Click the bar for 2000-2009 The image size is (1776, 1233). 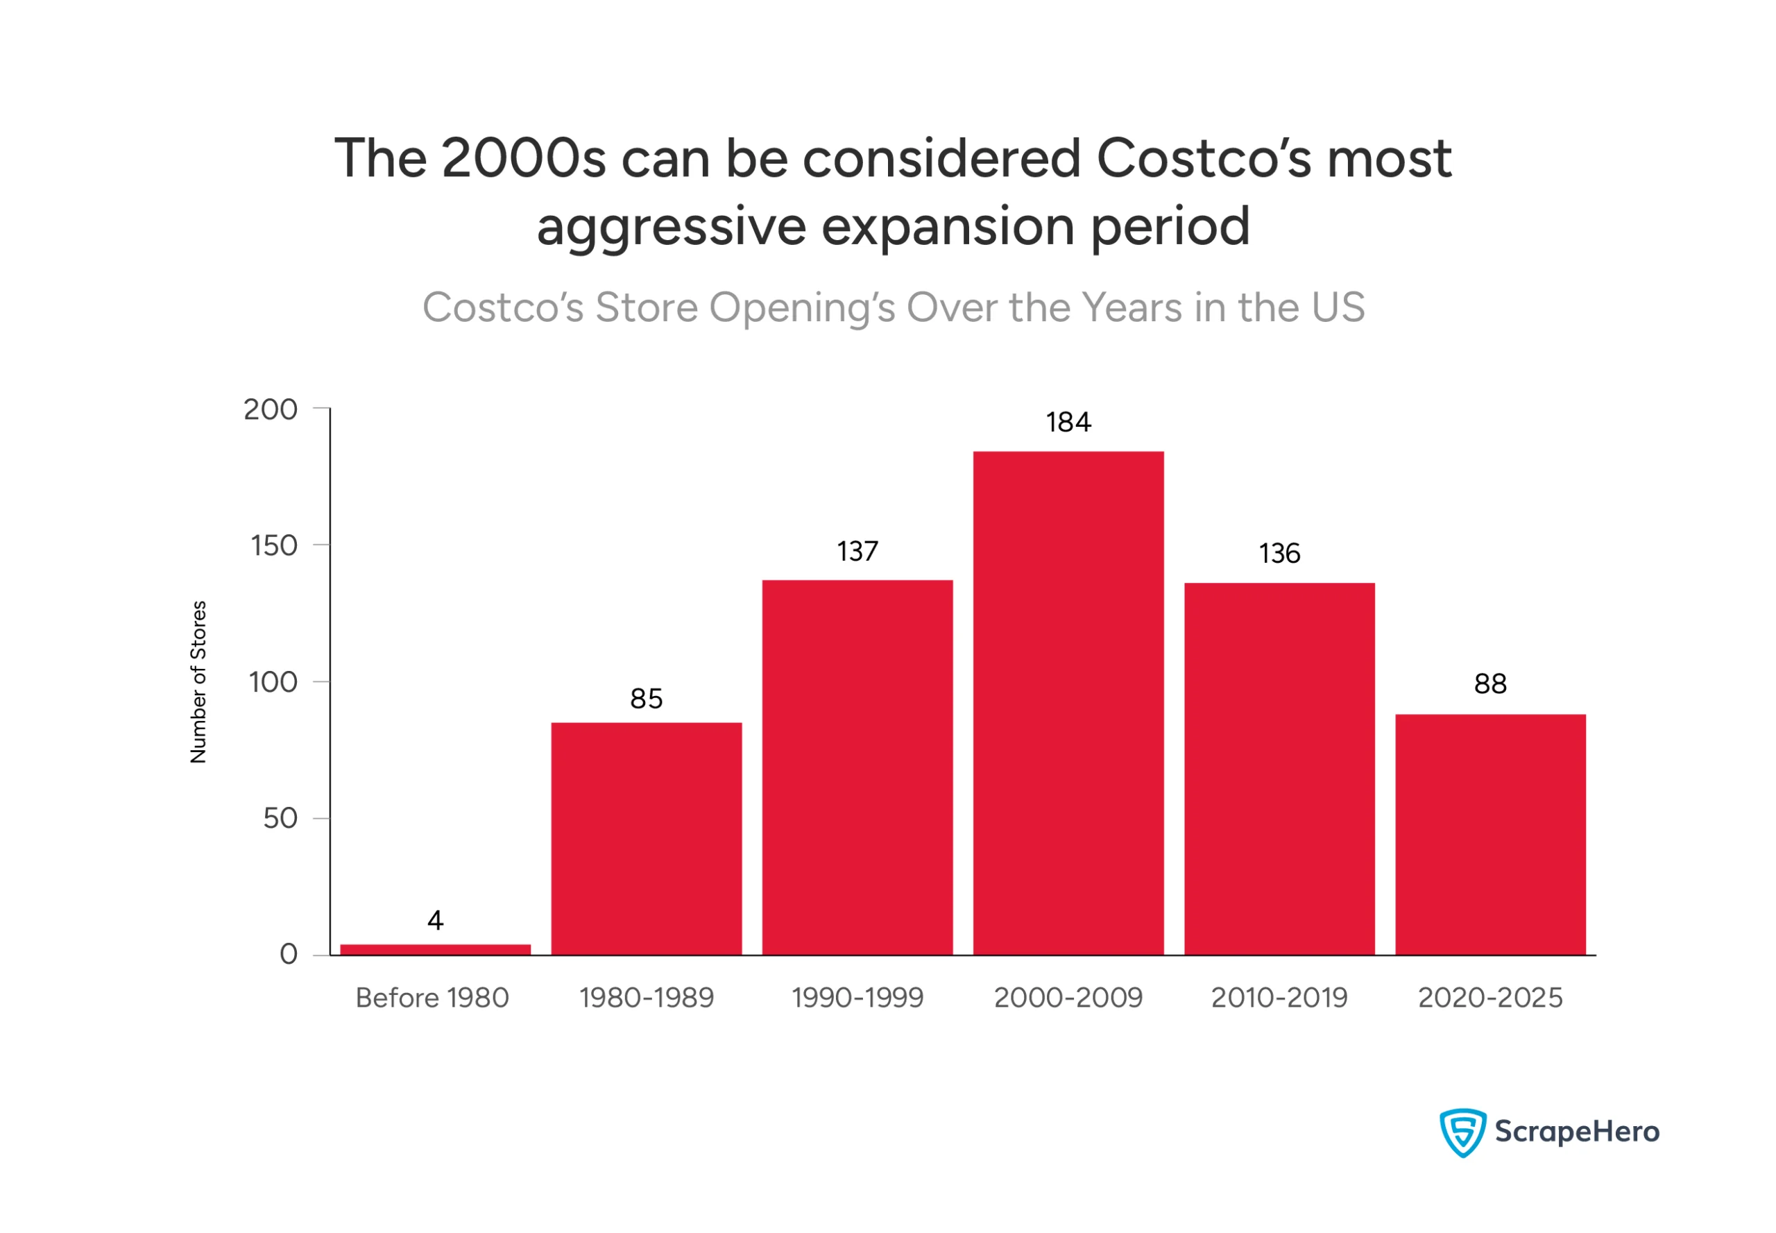[x=1068, y=703]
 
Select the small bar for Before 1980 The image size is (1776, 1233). [x=435, y=949]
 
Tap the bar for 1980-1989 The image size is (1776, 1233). [x=646, y=838]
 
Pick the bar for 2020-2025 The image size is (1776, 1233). [x=1489, y=834]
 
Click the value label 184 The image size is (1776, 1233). [x=1068, y=422]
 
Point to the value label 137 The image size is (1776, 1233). [x=857, y=551]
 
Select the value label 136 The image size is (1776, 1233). [x=1279, y=553]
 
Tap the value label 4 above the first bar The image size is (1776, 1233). [x=435, y=920]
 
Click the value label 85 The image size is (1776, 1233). [x=646, y=699]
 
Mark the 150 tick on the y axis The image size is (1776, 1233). [x=273, y=545]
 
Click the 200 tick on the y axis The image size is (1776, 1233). [x=271, y=409]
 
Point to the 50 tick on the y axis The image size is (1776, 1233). [x=280, y=818]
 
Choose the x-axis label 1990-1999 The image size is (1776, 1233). [x=857, y=997]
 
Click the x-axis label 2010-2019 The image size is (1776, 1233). [x=1279, y=997]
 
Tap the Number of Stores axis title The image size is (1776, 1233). [x=198, y=681]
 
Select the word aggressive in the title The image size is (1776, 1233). [x=671, y=226]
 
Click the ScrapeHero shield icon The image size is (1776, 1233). [x=1461, y=1132]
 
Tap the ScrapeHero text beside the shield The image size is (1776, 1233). [x=1576, y=1132]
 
